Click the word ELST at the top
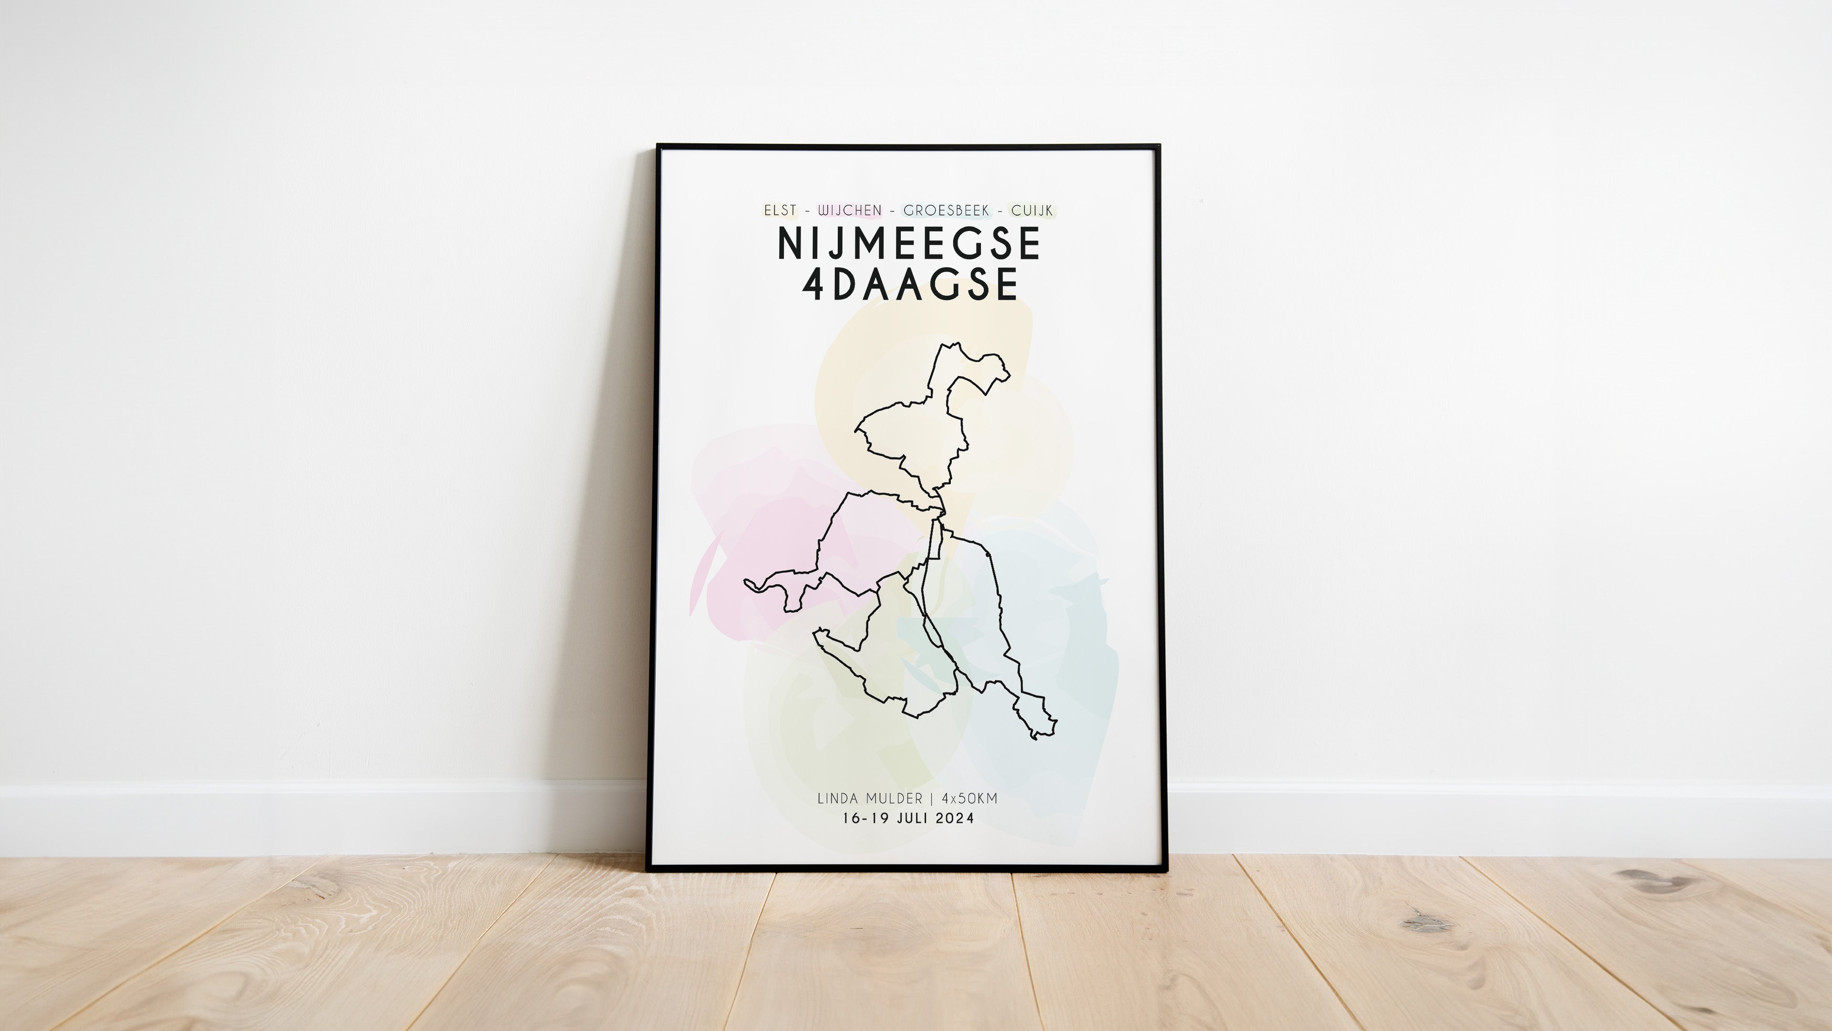(x=780, y=210)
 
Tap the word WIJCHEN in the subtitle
(x=849, y=210)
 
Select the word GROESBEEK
(x=946, y=210)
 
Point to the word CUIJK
(x=1032, y=210)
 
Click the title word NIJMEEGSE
(x=910, y=243)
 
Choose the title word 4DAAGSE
(x=910, y=284)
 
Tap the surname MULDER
(x=894, y=799)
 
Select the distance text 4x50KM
(x=969, y=799)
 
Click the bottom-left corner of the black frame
(x=649, y=868)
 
